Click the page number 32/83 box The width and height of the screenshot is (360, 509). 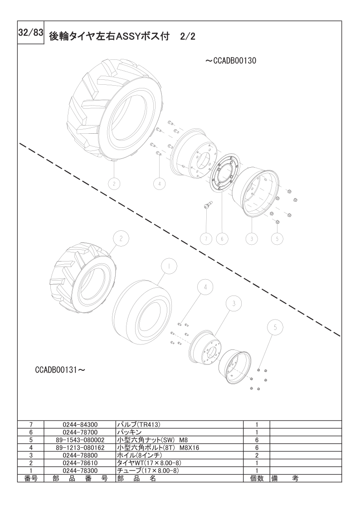[30, 34]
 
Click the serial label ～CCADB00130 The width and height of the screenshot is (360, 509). [231, 61]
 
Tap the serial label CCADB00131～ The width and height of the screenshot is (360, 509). [60, 370]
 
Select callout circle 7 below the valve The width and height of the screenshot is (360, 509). [206, 239]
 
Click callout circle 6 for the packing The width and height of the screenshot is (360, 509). [222, 239]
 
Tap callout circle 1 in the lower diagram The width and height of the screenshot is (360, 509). [169, 266]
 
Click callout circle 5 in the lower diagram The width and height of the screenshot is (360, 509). [275, 328]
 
